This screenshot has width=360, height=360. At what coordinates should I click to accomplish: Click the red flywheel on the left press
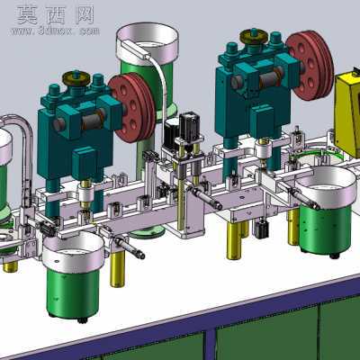point(133,107)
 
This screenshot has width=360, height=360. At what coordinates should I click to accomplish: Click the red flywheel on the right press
point(310,66)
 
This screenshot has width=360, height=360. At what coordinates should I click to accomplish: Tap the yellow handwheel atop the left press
point(76,78)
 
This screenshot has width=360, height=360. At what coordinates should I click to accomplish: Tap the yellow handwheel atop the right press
point(254,36)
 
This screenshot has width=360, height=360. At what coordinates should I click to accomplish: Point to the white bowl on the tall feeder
point(147,43)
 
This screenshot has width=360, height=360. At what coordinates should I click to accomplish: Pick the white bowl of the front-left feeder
point(73,250)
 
